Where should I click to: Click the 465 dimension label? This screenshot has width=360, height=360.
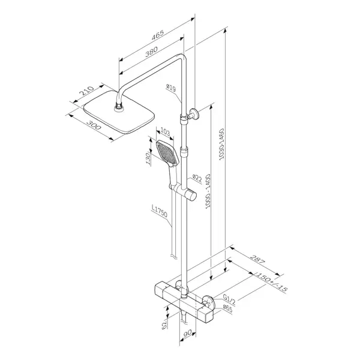pyautogui.click(x=157, y=35)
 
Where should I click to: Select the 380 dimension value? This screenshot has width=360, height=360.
pyautogui.click(x=152, y=52)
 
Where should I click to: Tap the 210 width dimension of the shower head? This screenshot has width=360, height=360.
pyautogui.click(x=86, y=91)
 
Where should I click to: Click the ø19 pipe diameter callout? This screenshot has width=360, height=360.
pyautogui.click(x=171, y=88)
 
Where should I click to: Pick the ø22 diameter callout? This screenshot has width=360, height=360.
pyautogui.click(x=197, y=178)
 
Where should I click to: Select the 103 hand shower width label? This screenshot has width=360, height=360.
pyautogui.click(x=165, y=132)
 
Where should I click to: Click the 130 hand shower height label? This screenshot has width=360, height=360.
pyautogui.click(x=149, y=159)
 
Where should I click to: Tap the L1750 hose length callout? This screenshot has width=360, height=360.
pyautogui.click(x=160, y=211)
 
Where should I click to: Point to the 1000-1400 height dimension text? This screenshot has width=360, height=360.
pyautogui.click(x=208, y=191)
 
